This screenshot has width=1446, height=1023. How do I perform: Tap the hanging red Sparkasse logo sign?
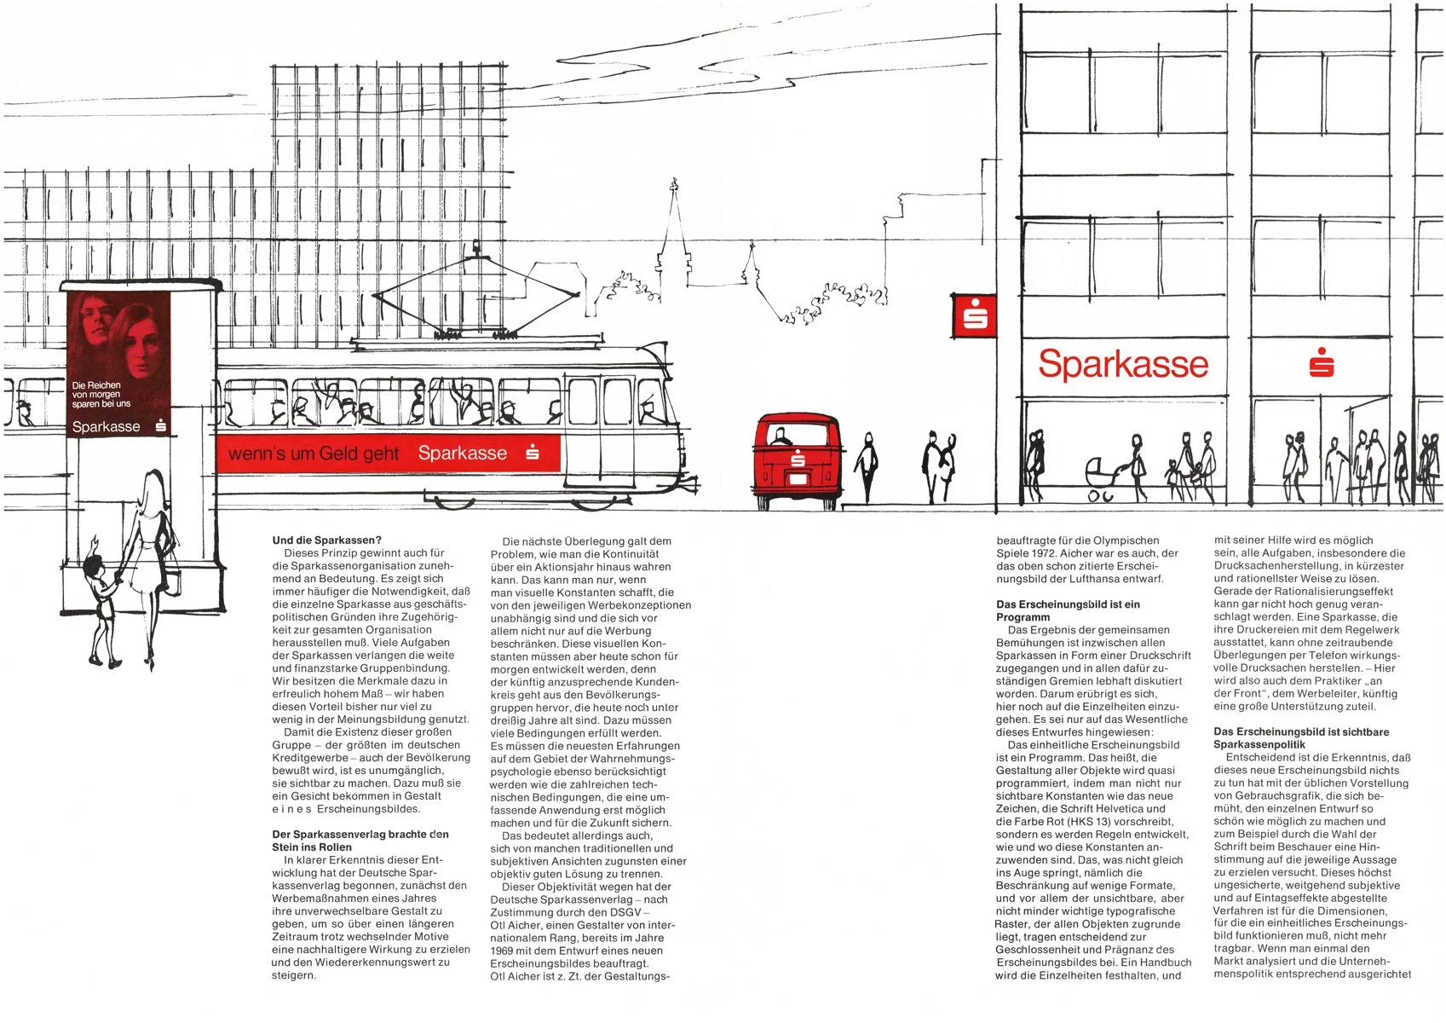point(974,315)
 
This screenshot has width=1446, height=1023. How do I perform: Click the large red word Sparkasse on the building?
point(1123,364)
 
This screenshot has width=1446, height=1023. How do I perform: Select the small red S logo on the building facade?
point(1321,362)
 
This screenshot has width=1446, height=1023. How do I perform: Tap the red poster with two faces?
point(118,365)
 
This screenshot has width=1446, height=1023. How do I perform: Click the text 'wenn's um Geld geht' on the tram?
point(314,454)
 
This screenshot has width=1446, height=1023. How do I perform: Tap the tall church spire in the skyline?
point(674,230)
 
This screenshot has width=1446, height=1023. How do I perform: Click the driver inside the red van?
point(780,437)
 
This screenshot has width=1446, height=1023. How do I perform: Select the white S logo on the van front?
point(798,461)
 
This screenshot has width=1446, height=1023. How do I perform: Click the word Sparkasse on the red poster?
point(106,426)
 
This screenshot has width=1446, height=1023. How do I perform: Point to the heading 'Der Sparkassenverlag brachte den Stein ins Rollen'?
point(360,840)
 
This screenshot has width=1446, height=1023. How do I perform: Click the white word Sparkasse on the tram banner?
point(462,454)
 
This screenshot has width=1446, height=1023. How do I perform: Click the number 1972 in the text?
point(1035,553)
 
